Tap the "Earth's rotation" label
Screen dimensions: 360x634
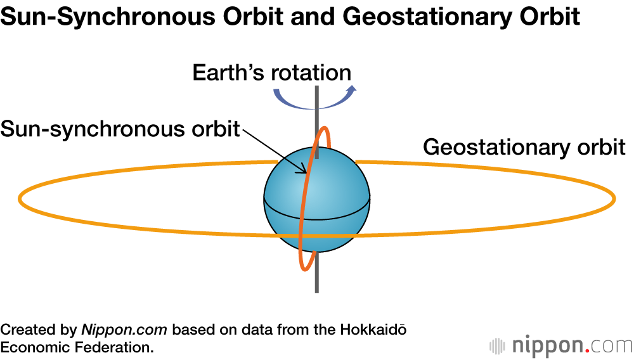(x=271, y=72)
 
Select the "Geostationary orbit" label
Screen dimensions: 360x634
(x=524, y=147)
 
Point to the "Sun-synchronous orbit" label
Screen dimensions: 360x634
(x=120, y=129)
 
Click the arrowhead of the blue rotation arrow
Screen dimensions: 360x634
(x=353, y=89)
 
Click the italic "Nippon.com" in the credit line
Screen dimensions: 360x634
(x=124, y=330)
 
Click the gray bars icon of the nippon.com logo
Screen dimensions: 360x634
(x=496, y=346)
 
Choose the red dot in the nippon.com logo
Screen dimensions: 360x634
(x=588, y=350)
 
